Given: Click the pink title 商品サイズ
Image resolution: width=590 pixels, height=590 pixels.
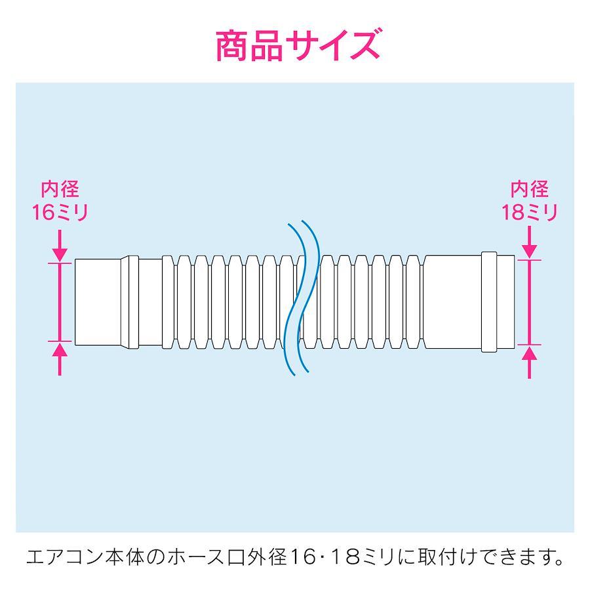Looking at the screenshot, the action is pos(298,46).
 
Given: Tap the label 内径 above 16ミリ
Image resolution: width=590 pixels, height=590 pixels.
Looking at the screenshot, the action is pos(60,189).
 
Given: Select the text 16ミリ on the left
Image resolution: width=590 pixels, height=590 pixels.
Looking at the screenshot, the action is pos(60,212).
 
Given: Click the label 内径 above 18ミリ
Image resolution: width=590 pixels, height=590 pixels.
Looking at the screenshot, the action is pos(530,189).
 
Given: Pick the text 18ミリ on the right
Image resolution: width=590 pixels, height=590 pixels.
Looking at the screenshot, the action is pos(530,212).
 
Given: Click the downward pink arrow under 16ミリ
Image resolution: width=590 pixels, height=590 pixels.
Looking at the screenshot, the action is pos(60,245).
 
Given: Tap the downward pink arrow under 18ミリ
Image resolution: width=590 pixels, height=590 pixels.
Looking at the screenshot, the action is pos(530,242).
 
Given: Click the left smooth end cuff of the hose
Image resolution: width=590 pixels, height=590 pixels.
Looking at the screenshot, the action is pos(98,302).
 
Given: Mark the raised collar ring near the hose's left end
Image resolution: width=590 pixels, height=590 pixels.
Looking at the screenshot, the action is pos(130,302).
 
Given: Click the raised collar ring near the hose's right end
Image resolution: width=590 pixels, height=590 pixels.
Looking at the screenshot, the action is pos(489,302).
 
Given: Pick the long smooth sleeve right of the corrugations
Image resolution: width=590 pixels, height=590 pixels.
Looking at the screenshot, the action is pos(452,302).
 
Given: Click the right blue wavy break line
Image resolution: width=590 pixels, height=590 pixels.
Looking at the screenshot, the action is pos(309,296).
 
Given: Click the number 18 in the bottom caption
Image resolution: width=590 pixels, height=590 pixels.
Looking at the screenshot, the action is pos(347,557).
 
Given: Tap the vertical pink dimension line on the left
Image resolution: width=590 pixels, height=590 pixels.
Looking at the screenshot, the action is pos(60,302).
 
